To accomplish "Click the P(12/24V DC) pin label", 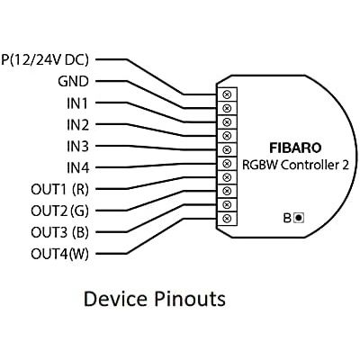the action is [x=45, y=59].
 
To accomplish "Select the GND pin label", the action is [x=73, y=81].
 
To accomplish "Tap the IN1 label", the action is [x=77, y=103].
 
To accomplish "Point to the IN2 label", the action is [x=77, y=125].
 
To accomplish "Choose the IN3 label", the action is [x=77, y=147].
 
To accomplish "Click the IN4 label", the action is [x=77, y=168].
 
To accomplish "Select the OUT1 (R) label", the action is [x=59, y=190].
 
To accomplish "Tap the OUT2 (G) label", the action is [x=59, y=211].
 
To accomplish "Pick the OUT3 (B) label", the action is [x=59, y=232].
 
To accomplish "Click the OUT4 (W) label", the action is [x=59, y=254].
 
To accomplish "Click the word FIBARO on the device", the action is [x=295, y=148].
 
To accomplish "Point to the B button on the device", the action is [x=299, y=218].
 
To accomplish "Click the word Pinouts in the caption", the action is [x=190, y=299].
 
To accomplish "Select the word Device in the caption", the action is [x=115, y=299].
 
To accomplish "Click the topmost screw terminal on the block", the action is [x=227, y=94].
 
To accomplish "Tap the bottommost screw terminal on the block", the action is [x=227, y=218].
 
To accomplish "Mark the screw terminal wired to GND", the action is [x=227, y=108].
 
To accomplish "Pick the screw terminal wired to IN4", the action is [x=227, y=163].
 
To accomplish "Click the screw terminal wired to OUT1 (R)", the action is [x=227, y=177].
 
